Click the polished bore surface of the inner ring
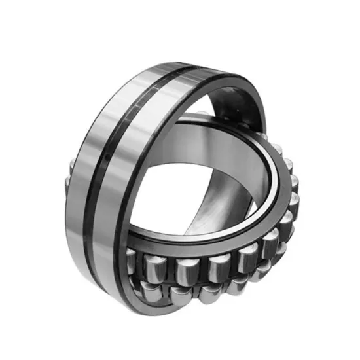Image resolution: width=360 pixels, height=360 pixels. tap(216, 151)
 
